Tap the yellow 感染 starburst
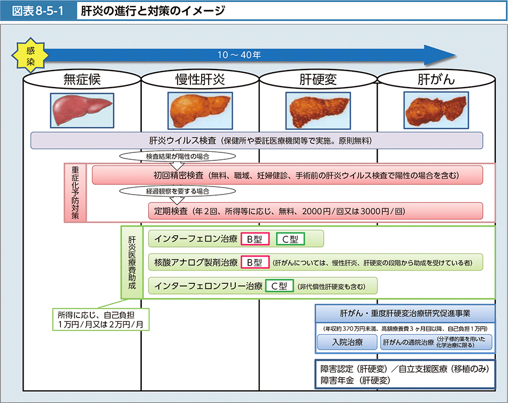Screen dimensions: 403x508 (x=30, y=54)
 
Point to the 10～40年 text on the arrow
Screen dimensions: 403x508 (x=239, y=55)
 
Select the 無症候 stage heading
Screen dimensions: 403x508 (x=82, y=80)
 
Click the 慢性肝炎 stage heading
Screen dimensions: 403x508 (x=200, y=80)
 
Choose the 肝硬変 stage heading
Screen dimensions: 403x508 (x=318, y=80)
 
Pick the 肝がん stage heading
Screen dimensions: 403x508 (x=436, y=80)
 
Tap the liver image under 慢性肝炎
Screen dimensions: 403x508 (x=200, y=110)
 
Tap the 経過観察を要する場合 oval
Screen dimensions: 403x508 (x=177, y=191)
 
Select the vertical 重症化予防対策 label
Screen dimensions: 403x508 (x=75, y=192)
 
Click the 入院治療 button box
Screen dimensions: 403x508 (x=348, y=342)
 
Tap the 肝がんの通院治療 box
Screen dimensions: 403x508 (x=436, y=342)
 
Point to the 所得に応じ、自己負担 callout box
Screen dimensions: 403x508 (x=100, y=319)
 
